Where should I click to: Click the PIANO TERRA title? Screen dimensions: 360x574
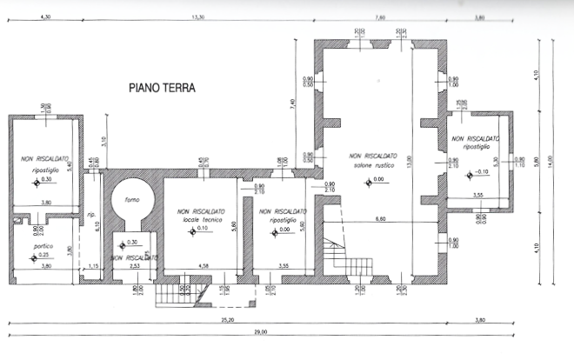162,88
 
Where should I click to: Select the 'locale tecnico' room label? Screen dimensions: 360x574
202,217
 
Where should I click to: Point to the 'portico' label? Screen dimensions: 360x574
38,246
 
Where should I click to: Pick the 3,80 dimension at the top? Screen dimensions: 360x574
480,17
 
